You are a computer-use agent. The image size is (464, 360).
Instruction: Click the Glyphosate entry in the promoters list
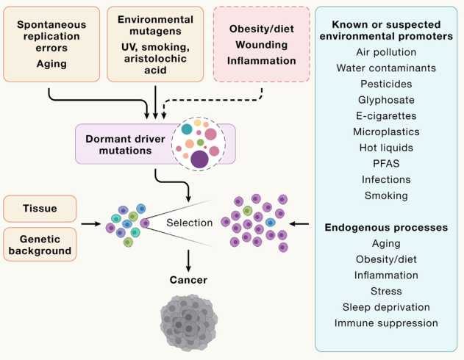click(389, 99)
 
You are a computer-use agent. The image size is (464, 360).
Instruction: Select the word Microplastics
click(389, 132)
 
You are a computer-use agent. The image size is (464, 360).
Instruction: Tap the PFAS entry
click(389, 163)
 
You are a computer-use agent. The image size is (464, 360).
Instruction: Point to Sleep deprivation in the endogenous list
click(389, 306)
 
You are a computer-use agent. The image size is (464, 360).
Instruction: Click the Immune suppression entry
click(389, 323)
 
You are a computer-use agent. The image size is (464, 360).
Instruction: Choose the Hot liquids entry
click(389, 148)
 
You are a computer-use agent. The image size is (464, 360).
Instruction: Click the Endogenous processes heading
click(389, 227)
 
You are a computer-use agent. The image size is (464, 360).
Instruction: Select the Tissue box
click(40, 208)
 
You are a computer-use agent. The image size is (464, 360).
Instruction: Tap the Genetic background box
click(40, 244)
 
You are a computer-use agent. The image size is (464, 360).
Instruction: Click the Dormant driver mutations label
click(119, 143)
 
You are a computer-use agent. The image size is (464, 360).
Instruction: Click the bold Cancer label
click(188, 279)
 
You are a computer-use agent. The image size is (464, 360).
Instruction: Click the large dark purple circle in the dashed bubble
click(199, 159)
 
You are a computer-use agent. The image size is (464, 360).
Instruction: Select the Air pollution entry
click(389, 52)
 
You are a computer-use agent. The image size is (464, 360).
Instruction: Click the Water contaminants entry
click(389, 68)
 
